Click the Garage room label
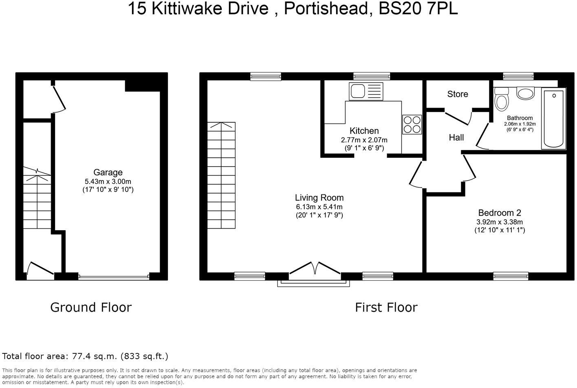tap(108, 172)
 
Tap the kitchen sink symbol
tap(366, 91)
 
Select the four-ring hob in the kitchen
tap(412, 124)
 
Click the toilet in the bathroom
tap(501, 99)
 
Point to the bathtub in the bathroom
tap(553, 119)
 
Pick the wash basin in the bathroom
tap(526, 93)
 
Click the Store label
tap(458, 94)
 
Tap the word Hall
tap(456, 138)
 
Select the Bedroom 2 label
tap(500, 213)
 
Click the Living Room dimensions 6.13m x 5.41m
tap(319, 207)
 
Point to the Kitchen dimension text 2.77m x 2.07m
tap(364, 140)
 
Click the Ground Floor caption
tap(91, 307)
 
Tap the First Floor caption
tap(386, 307)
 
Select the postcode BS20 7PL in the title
tap(418, 9)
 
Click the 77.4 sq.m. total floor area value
tap(94, 356)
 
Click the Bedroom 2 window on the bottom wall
tap(511, 276)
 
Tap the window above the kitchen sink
tap(371, 76)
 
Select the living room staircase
tap(221, 175)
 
